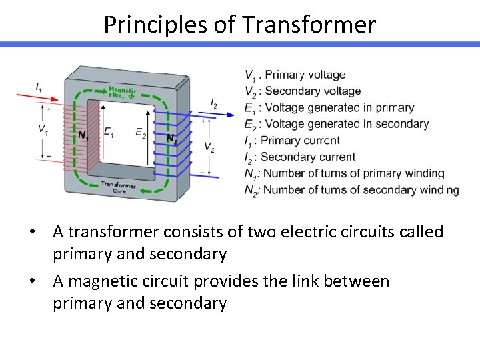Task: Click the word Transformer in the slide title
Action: pyautogui.click(x=309, y=25)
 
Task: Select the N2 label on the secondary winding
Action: pyautogui.click(x=172, y=139)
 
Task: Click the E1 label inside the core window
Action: pyautogui.click(x=109, y=133)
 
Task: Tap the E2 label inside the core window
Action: pyautogui.click(x=141, y=133)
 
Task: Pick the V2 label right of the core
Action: pyautogui.click(x=209, y=147)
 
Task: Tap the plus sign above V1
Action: pyautogui.click(x=48, y=108)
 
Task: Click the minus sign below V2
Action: pyautogui.click(x=202, y=172)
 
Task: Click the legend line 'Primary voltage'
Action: pyautogui.click(x=295, y=75)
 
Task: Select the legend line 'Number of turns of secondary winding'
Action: pyautogui.click(x=351, y=190)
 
